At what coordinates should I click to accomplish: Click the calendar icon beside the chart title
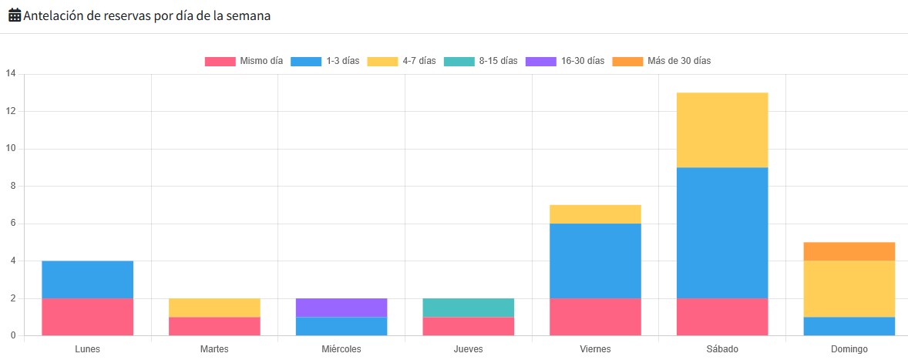(x=14, y=15)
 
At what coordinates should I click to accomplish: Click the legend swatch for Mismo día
(x=220, y=61)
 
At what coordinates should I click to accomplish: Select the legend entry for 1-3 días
(x=324, y=61)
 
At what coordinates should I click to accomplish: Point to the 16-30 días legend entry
(x=564, y=61)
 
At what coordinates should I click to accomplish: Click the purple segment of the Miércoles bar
(x=341, y=308)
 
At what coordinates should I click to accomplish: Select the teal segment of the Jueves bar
(x=468, y=308)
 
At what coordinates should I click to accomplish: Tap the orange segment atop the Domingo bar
(x=849, y=251)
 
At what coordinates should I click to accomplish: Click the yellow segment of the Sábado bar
(x=722, y=130)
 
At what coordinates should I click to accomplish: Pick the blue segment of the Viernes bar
(x=595, y=261)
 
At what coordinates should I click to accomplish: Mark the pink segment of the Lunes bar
(x=88, y=317)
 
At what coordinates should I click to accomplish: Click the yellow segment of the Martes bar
(x=214, y=308)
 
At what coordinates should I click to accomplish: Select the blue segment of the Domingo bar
(x=849, y=326)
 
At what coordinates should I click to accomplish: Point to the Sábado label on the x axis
(x=722, y=349)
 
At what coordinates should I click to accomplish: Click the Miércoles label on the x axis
(x=341, y=349)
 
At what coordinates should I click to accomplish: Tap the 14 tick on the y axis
(x=11, y=74)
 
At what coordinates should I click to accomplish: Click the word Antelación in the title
(x=59, y=15)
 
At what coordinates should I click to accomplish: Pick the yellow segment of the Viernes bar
(x=595, y=214)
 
